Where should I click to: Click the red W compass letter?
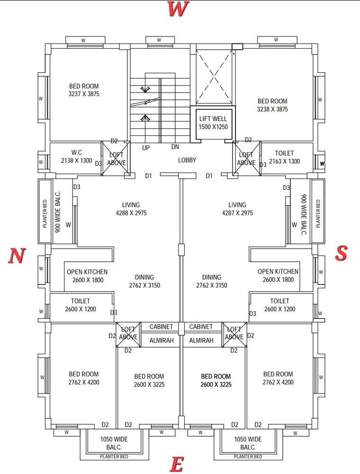tap(180, 9)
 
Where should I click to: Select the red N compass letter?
tap(16, 256)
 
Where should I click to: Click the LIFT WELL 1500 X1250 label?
tap(213, 123)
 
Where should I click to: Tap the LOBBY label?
tap(187, 160)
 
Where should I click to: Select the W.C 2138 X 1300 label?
tap(77, 157)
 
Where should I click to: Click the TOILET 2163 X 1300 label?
tap(284, 157)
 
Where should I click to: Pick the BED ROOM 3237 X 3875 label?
tap(84, 90)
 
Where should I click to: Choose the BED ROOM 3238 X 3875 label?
tap(272, 105)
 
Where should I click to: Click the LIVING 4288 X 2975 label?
tap(131, 209)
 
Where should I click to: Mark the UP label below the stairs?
tap(146, 148)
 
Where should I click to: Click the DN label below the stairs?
tap(175, 147)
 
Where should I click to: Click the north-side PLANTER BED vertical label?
tap(45, 210)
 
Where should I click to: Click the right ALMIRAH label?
tap(201, 340)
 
